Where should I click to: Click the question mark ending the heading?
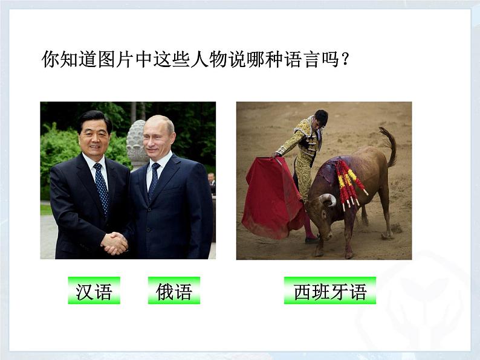(x=346, y=60)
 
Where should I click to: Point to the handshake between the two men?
(x=114, y=243)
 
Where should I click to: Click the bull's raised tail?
(x=390, y=145)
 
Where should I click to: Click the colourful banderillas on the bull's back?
(x=350, y=181)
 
